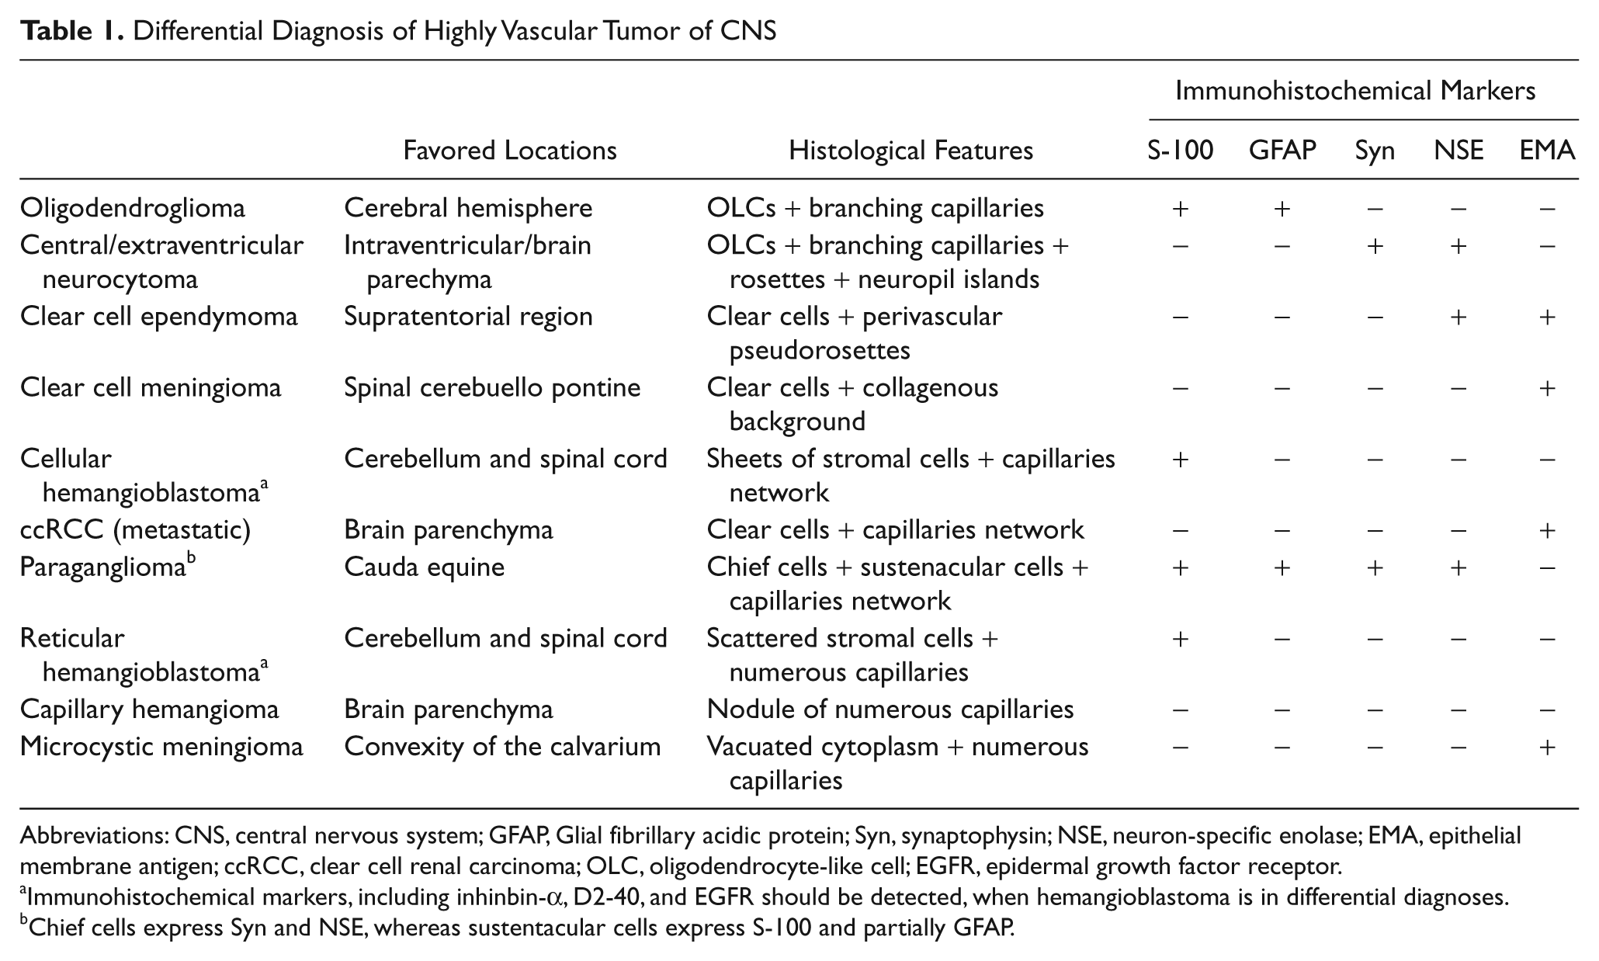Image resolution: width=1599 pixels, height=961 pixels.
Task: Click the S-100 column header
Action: tap(1180, 150)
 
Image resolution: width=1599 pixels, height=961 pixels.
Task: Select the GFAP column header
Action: tap(1282, 150)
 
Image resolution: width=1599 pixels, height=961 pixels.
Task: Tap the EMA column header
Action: tap(1547, 150)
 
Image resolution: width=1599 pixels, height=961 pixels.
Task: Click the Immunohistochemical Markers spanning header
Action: tap(1355, 91)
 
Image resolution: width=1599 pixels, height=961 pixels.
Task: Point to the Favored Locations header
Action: tap(510, 150)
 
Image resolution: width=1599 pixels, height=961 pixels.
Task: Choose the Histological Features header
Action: tap(910, 150)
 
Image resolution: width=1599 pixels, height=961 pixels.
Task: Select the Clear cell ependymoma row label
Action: tap(159, 317)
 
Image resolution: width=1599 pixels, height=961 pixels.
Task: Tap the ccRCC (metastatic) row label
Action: tap(135, 530)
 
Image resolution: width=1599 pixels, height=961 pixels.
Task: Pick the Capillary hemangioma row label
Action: tap(150, 709)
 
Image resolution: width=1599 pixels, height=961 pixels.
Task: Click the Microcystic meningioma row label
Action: tap(161, 747)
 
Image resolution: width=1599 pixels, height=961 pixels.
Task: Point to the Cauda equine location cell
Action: tap(425, 567)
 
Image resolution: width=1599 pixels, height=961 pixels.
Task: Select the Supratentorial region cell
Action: tap(469, 317)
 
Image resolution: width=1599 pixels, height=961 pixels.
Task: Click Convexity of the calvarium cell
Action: tap(502, 747)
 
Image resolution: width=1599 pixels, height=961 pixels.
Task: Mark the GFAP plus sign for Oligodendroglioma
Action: tap(1282, 208)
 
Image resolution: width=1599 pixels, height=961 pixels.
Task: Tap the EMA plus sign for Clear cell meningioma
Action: tap(1547, 388)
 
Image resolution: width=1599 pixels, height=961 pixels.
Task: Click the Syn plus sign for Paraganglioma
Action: tap(1375, 567)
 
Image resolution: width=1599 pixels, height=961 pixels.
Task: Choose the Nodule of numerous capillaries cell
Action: tap(890, 709)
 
